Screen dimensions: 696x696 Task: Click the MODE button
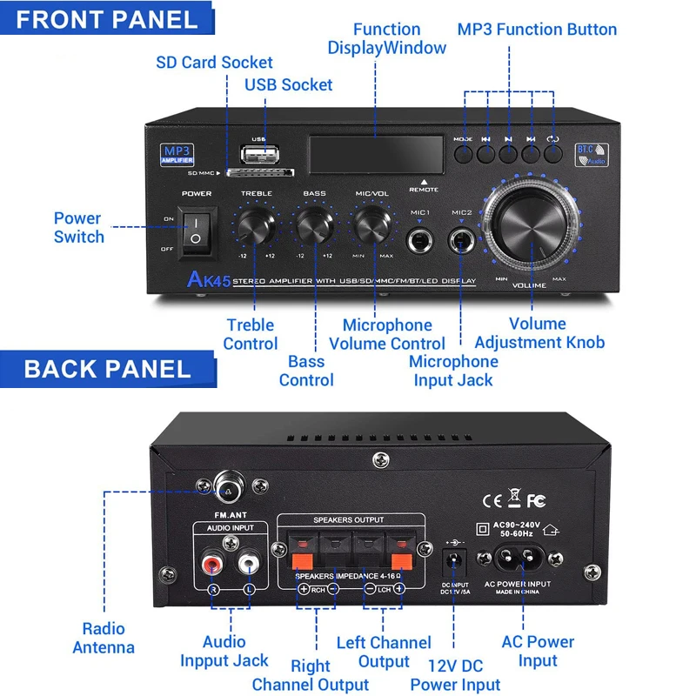pos(463,153)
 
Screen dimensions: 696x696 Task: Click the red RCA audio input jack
pos(211,565)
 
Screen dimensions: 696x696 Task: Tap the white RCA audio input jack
pos(250,565)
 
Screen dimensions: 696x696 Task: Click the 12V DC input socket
pos(453,556)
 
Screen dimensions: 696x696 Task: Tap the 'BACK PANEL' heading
pos(107,368)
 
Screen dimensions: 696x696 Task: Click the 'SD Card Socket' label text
pos(214,63)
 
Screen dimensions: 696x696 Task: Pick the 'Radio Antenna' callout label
pos(104,638)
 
